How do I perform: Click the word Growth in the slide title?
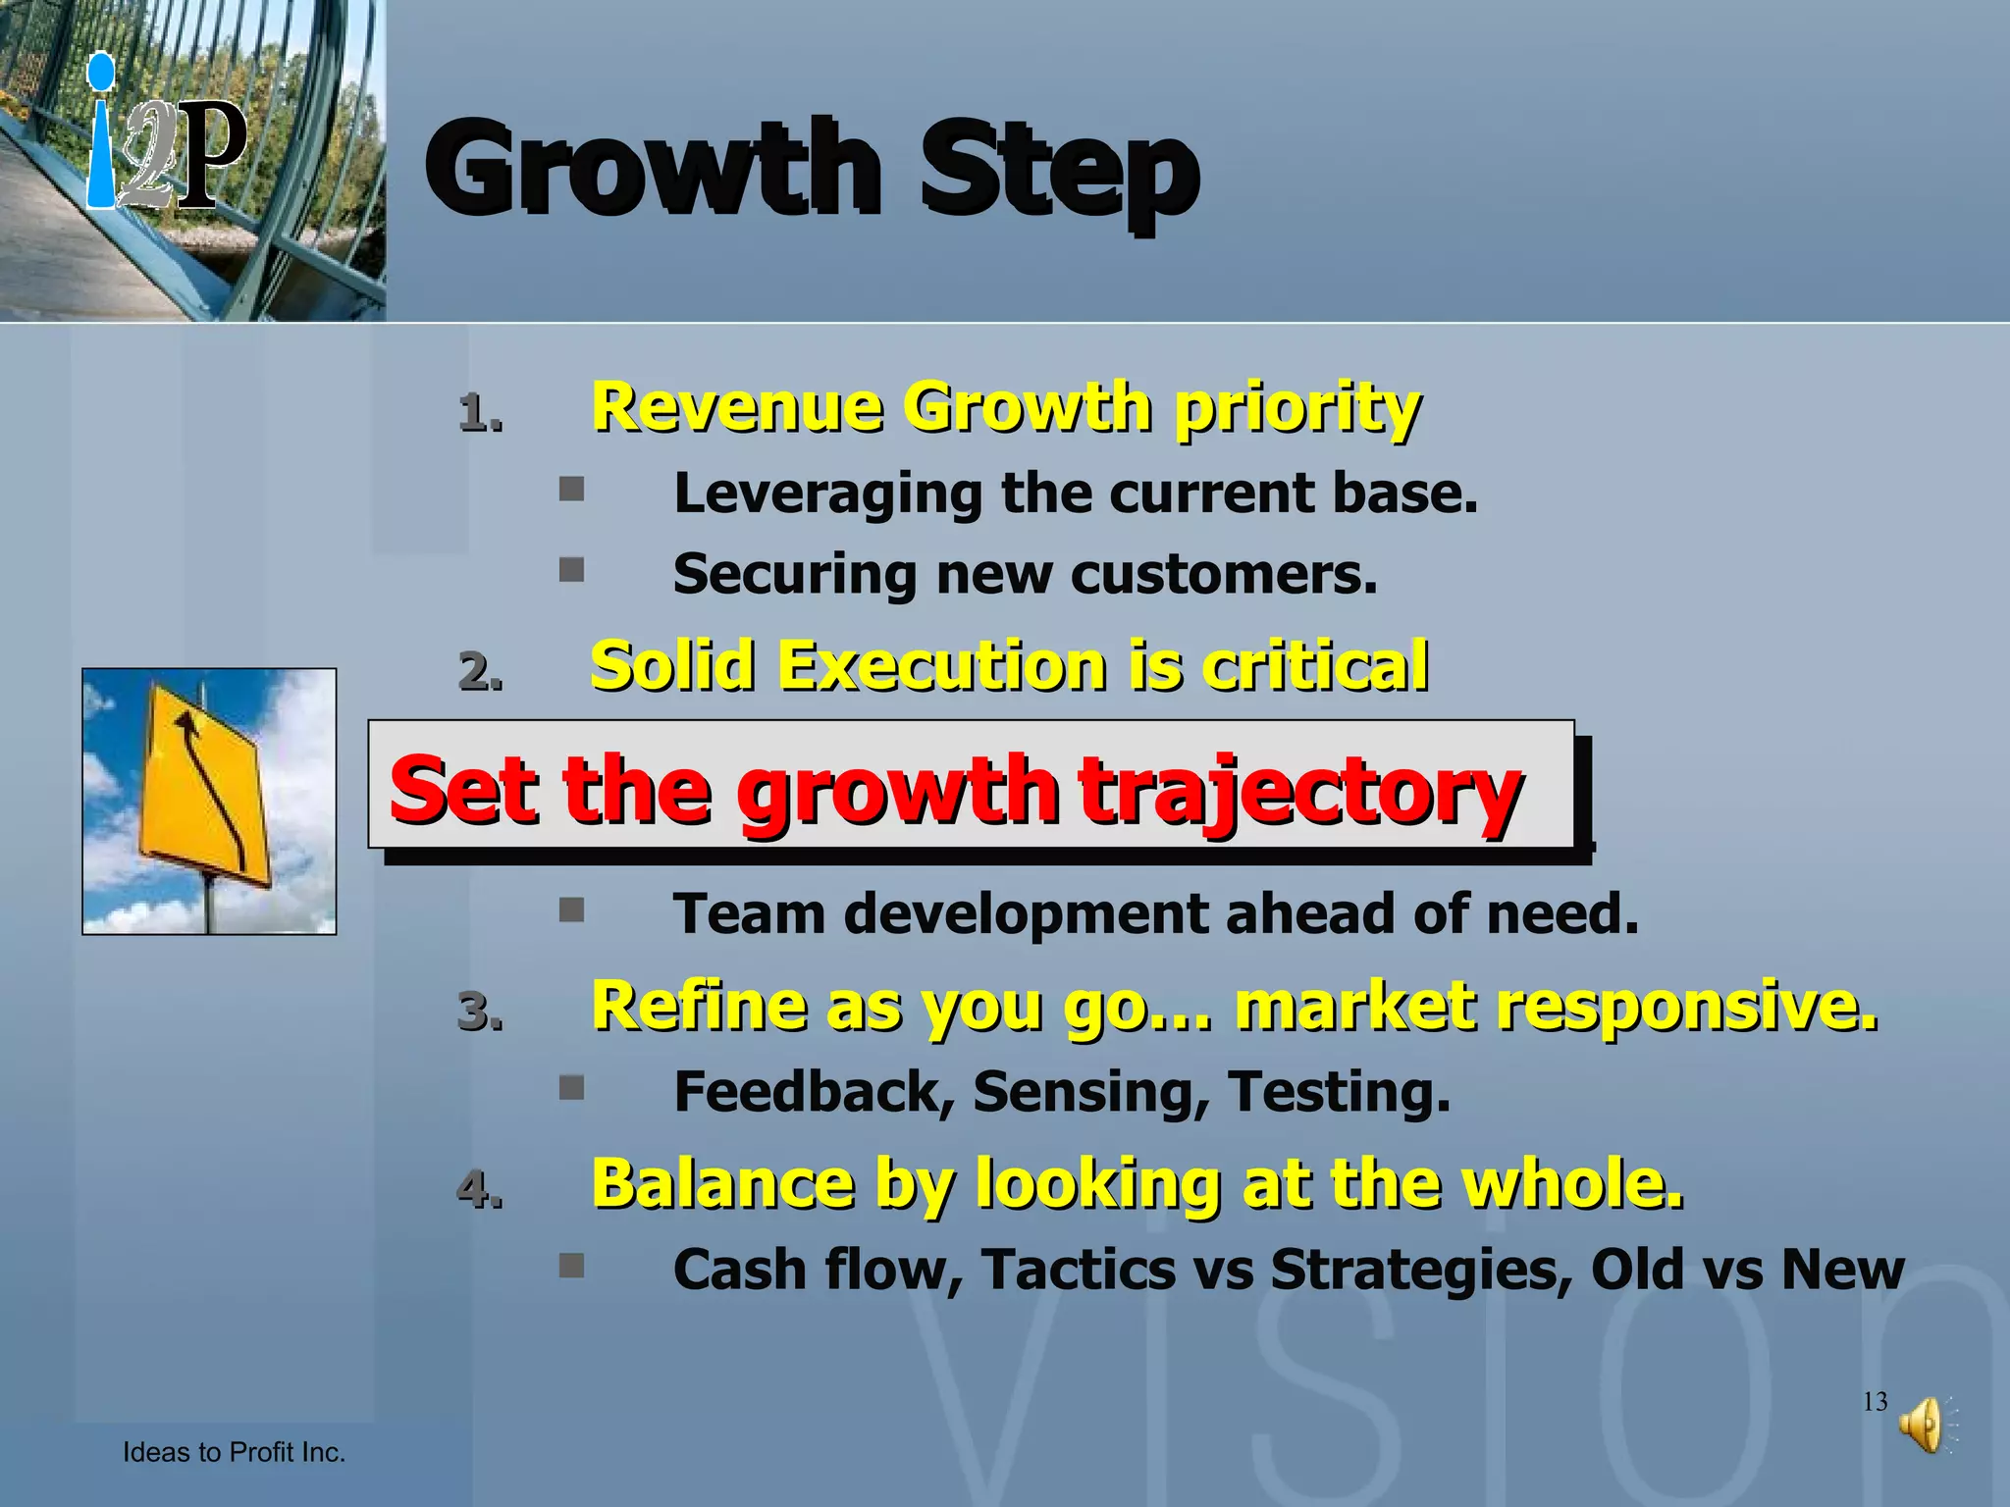coord(653,169)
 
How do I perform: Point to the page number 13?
coord(1875,1401)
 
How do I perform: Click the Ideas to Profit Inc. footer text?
coord(234,1452)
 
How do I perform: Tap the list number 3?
coord(480,1012)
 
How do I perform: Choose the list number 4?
coord(480,1189)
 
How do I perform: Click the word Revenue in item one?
coord(736,406)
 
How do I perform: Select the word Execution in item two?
coord(942,666)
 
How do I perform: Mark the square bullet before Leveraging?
coord(571,489)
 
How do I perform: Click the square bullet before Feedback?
coord(571,1087)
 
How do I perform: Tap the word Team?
coord(749,914)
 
